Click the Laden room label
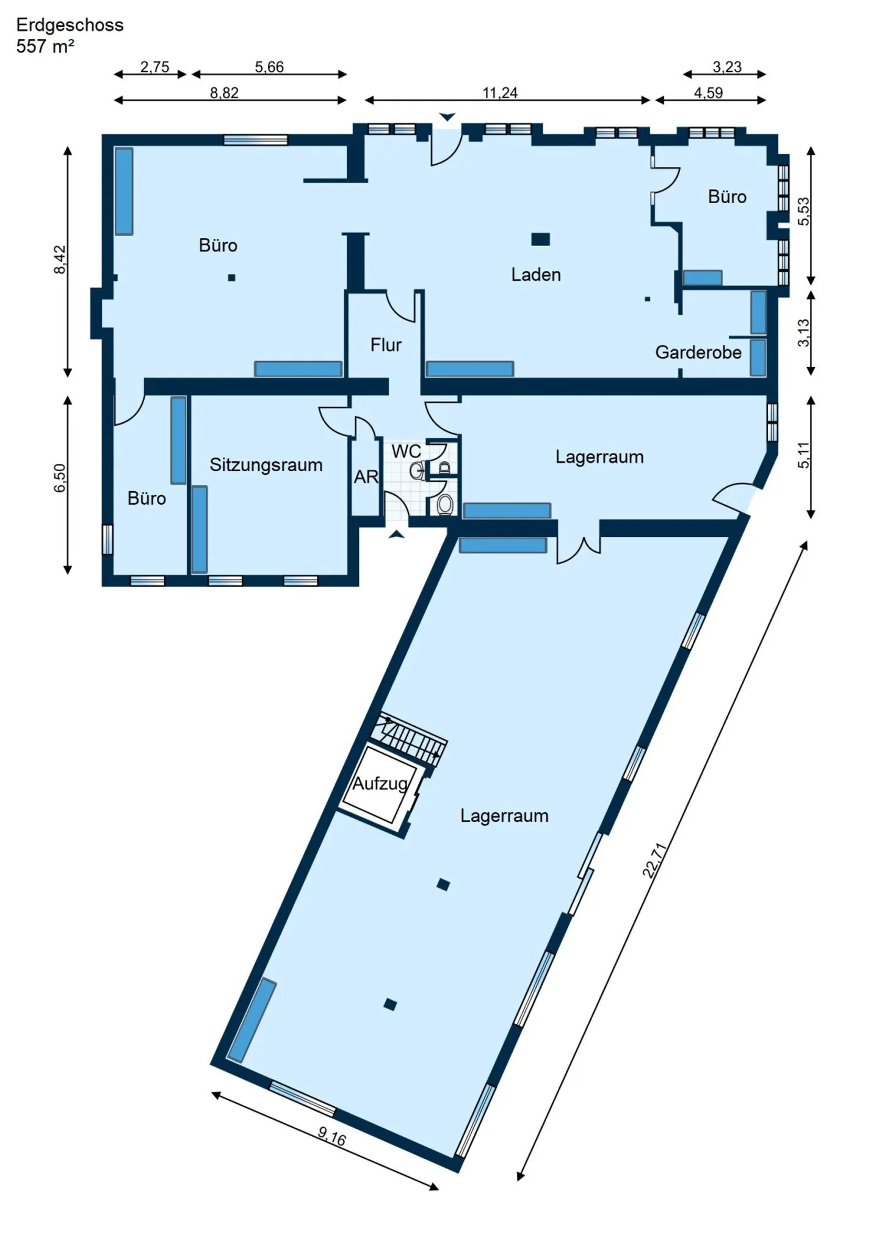click(x=535, y=275)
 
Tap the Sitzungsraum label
click(x=266, y=465)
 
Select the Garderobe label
click(x=698, y=352)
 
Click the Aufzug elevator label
click(x=380, y=784)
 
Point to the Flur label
click(x=386, y=345)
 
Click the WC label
click(x=406, y=451)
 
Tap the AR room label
click(x=366, y=477)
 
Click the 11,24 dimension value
click(x=500, y=93)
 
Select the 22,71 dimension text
click(x=654, y=860)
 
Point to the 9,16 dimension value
click(x=331, y=1136)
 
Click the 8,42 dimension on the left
click(x=60, y=259)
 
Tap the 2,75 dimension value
click(x=154, y=67)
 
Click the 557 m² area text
click(x=45, y=46)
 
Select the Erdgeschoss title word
click(x=70, y=25)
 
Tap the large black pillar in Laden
click(x=540, y=239)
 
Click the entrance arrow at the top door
click(x=447, y=117)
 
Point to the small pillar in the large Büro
click(x=231, y=278)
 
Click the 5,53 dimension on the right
click(x=803, y=211)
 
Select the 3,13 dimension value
click(x=803, y=333)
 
